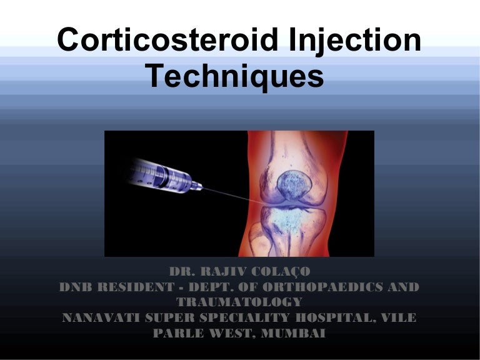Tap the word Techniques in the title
235,76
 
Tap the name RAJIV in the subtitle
227,272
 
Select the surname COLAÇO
283,272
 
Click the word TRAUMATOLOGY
240,302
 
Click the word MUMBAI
295,333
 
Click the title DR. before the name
181,272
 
